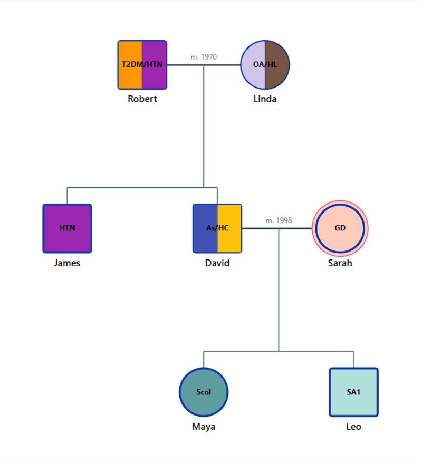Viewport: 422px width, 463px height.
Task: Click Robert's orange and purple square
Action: click(x=142, y=65)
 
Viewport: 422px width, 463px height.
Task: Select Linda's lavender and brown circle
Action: click(x=265, y=65)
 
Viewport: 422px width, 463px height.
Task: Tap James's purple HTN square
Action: click(x=67, y=228)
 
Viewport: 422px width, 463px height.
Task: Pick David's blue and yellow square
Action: click(x=217, y=228)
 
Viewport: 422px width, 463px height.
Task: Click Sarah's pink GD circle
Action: click(x=340, y=228)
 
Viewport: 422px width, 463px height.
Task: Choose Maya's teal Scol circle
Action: click(x=204, y=392)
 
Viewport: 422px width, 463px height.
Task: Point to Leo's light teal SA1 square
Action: click(x=353, y=392)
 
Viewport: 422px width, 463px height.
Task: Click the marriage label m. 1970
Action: click(x=204, y=57)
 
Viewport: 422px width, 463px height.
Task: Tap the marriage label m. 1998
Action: click(x=279, y=220)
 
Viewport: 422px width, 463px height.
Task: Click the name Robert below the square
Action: click(x=142, y=99)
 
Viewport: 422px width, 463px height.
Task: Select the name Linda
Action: click(x=265, y=99)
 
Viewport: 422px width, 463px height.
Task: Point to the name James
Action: click(x=67, y=263)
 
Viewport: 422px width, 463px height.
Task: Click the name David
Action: click(x=217, y=263)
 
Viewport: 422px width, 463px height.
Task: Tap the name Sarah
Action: click(x=340, y=263)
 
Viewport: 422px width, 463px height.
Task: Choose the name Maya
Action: click(x=204, y=427)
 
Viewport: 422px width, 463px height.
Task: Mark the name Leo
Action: click(x=353, y=427)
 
